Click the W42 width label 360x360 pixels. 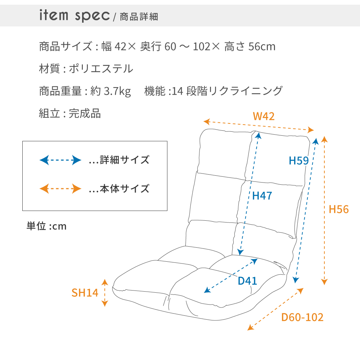tap(264, 116)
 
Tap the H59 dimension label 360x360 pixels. tap(299, 161)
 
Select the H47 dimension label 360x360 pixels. tap(262, 195)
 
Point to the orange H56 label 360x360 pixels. tap(339, 209)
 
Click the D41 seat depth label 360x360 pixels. tap(247, 281)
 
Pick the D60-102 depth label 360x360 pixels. tap(302, 317)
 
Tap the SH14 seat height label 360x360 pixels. tap(85, 293)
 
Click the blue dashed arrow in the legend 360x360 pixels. tap(60, 160)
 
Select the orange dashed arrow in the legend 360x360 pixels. tap(60, 188)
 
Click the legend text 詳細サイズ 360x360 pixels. tap(124, 160)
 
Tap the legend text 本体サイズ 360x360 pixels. tap(124, 188)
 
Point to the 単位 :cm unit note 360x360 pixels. tap(46, 226)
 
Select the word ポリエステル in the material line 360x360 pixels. tap(101, 68)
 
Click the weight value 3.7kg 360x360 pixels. tap(117, 91)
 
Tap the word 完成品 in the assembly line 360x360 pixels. tap(85, 113)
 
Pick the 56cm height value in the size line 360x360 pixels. tap(262, 46)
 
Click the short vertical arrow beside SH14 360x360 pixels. tap(105, 292)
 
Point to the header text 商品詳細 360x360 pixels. tap(139, 17)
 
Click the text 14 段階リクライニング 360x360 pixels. tap(227, 91)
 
